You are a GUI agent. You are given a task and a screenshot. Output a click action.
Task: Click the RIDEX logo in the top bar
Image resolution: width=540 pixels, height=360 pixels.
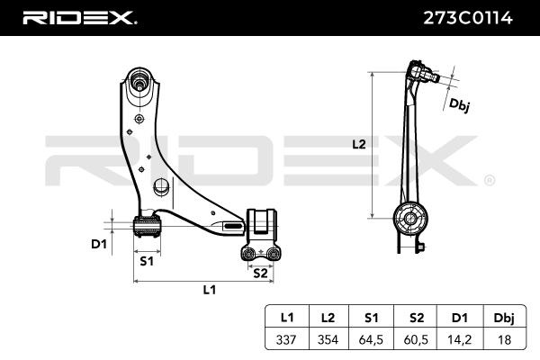tap(79, 18)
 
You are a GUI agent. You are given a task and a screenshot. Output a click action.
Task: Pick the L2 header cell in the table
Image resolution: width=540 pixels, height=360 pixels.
tap(328, 317)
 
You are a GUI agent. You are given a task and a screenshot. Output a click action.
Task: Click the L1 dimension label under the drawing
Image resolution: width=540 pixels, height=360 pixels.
tap(209, 290)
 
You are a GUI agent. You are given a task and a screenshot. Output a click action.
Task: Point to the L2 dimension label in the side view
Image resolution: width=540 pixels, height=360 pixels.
tap(358, 144)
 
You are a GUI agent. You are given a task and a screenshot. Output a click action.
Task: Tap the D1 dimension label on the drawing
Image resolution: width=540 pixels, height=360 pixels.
tap(99, 243)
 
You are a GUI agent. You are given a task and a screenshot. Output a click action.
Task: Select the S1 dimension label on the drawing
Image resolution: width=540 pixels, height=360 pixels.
tap(146, 261)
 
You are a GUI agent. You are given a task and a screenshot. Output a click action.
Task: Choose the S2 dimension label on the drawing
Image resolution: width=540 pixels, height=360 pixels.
tap(259, 272)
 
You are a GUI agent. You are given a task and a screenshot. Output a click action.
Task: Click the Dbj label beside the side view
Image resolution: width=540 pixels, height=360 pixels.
tap(460, 106)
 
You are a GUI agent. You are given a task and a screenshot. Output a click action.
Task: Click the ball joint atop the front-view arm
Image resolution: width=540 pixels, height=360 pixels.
tap(140, 80)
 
